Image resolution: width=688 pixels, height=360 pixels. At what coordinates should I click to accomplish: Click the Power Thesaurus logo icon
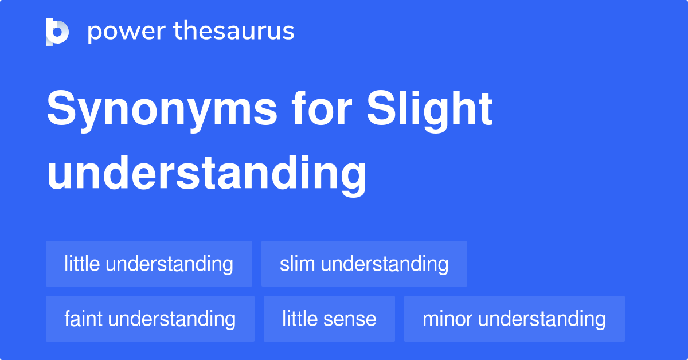pos(57,32)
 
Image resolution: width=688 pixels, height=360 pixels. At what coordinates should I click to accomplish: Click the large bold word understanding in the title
pos(206,173)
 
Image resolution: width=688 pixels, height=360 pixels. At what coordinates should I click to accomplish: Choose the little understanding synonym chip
pos(149,264)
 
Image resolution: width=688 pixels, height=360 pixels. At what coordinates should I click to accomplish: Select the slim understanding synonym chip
pos(364,264)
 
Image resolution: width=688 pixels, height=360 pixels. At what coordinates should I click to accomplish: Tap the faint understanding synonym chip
pos(150,319)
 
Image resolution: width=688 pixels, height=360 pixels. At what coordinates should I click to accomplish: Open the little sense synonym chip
pos(329,319)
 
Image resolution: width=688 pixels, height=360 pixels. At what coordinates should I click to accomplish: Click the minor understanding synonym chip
pos(514,319)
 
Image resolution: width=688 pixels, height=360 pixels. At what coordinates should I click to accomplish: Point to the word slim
pos(298,264)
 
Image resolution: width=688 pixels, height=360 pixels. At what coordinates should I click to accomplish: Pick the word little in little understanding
pos(82,264)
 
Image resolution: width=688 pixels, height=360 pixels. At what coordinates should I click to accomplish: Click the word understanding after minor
pos(542,319)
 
